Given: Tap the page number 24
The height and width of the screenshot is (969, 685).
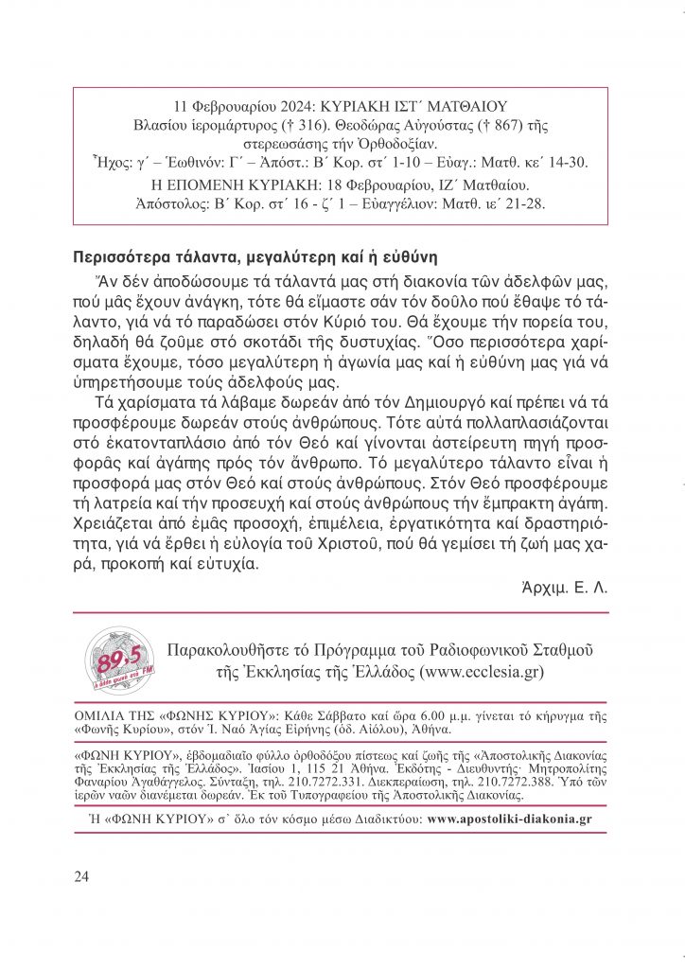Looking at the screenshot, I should [80, 876].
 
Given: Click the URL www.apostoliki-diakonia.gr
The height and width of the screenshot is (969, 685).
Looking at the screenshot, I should [509, 819].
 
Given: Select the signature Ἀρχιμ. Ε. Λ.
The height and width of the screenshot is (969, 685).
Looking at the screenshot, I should [566, 587].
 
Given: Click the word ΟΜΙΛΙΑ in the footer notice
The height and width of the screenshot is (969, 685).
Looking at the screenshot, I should [100, 715].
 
